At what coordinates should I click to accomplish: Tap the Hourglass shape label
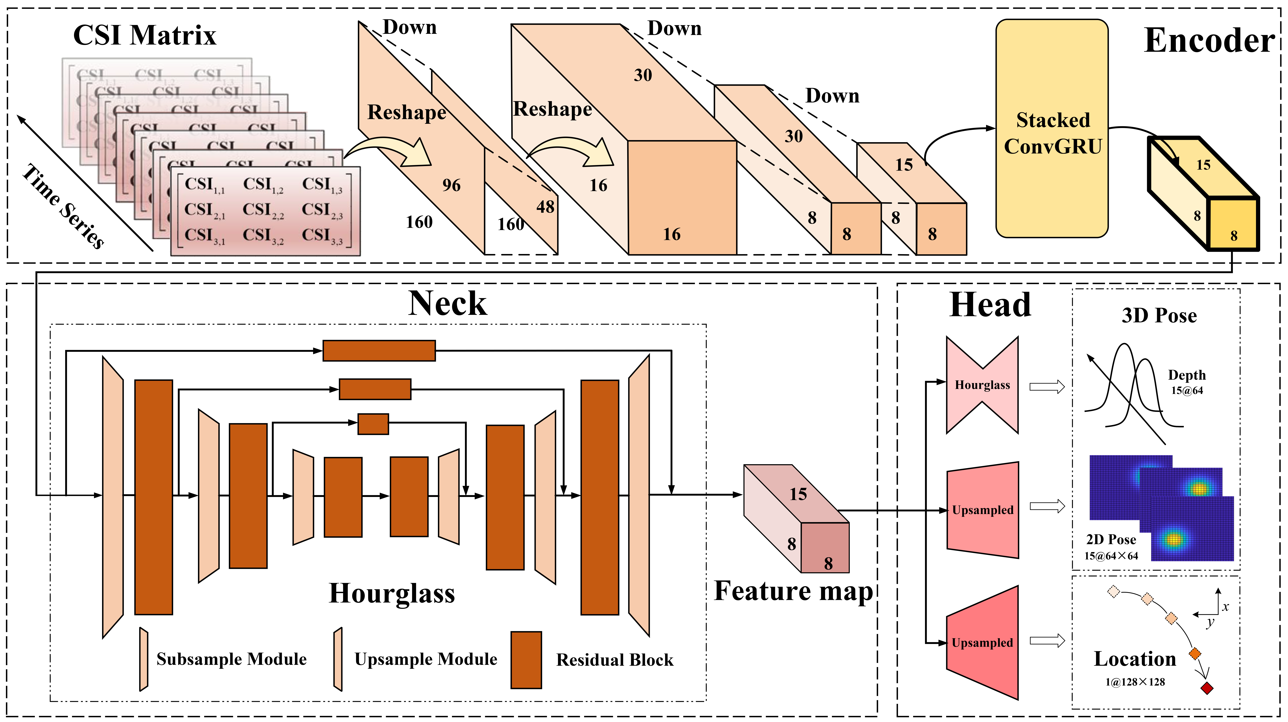coord(982,385)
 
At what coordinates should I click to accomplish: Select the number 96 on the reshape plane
coord(451,186)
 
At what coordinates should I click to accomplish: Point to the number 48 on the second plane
coord(545,207)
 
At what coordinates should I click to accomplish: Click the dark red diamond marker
coord(1206,688)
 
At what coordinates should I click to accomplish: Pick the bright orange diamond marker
coord(1194,654)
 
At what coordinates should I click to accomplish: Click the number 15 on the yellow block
coord(1203,165)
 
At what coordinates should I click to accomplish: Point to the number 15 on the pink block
coord(798,494)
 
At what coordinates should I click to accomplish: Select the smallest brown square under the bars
coord(373,424)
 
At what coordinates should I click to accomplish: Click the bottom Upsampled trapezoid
coord(982,642)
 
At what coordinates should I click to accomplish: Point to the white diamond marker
coord(1113,591)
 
